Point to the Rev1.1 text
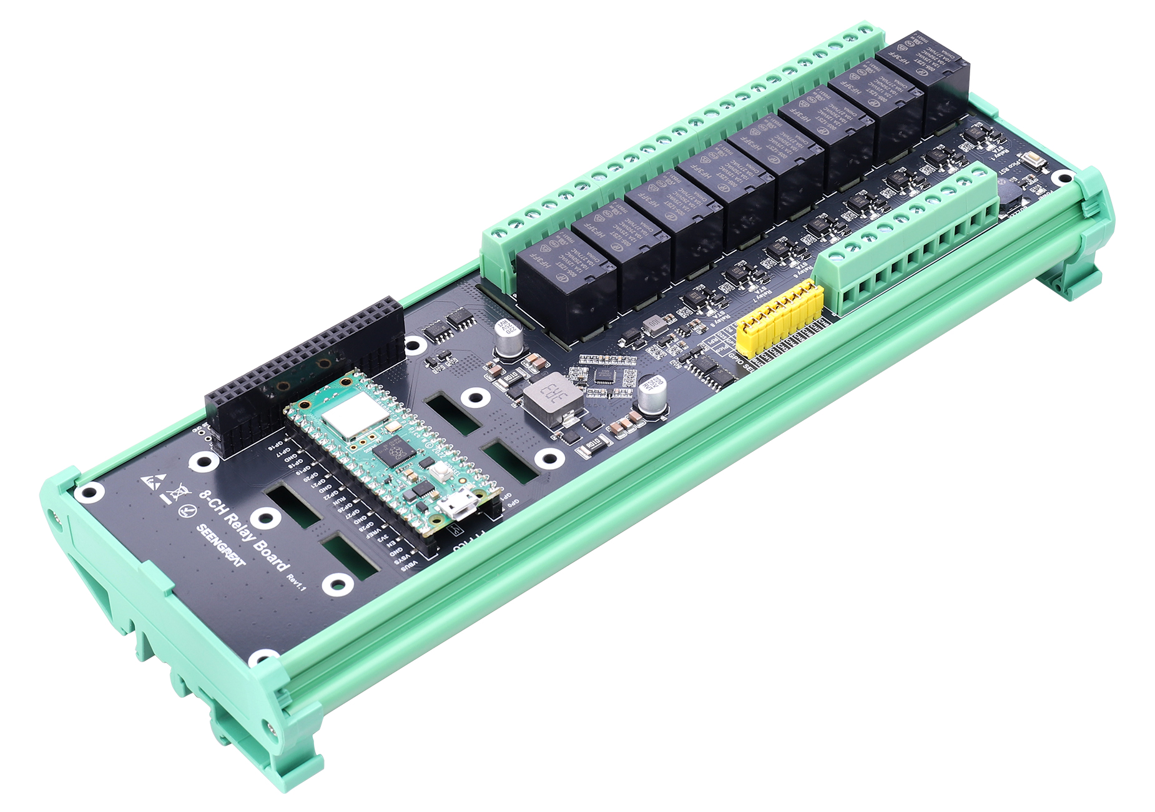pos(296,582)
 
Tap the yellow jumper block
pos(780,319)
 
